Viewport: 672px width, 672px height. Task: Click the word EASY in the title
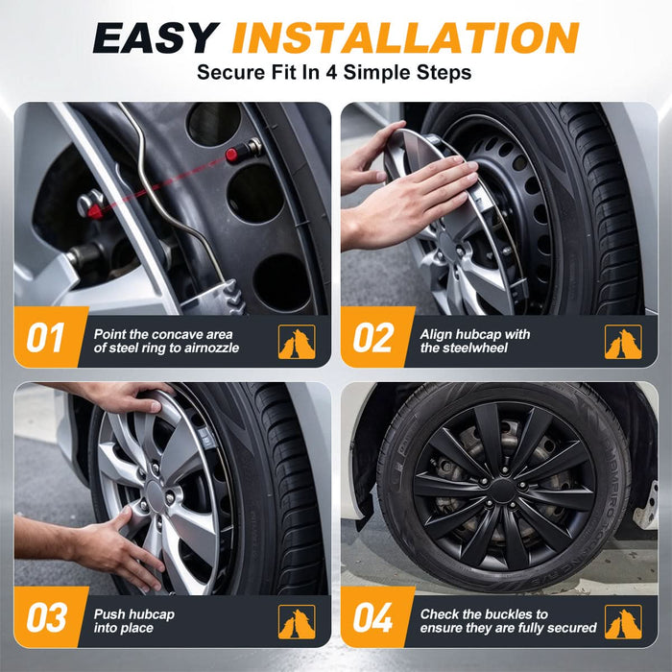[156, 37]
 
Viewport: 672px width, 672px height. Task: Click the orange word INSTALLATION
[405, 37]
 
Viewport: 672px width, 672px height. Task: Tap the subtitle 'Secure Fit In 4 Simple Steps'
[334, 72]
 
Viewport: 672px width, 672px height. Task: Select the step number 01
[45, 337]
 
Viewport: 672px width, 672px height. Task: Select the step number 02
[372, 337]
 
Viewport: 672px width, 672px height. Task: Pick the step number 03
[46, 617]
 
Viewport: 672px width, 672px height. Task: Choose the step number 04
[372, 617]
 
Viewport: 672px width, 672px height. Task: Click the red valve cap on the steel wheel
[232, 155]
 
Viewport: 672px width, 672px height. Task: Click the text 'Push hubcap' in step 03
[134, 614]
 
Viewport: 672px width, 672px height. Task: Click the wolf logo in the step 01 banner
[297, 342]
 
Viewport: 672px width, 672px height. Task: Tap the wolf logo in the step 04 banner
[623, 621]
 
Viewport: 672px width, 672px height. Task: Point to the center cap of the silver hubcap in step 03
[155, 496]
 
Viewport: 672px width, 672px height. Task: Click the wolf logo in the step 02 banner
[623, 342]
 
